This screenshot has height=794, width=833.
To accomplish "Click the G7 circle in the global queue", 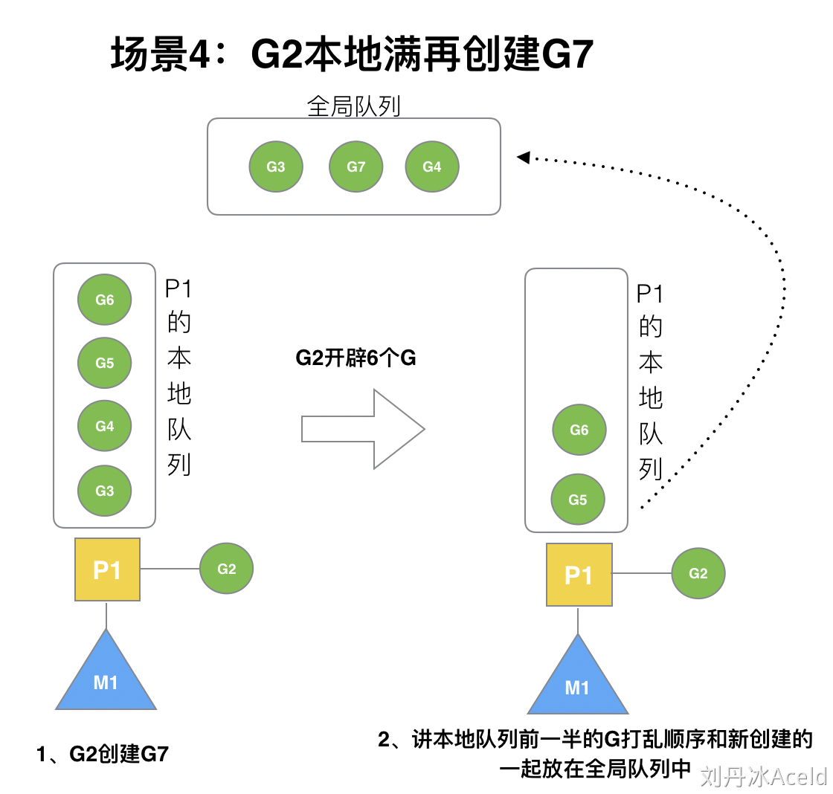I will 356,167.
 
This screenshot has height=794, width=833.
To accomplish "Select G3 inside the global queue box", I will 276,167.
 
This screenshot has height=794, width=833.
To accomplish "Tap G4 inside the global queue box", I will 432,167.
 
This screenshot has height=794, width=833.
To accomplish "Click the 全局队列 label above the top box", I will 353,106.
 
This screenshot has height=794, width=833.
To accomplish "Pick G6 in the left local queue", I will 105,300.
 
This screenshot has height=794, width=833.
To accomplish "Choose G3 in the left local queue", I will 105,491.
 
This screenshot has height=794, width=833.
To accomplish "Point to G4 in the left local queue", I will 105,426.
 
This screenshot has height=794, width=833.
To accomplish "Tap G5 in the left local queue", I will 105,363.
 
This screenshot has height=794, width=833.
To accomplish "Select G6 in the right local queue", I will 579,430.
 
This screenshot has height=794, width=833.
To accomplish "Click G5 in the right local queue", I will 578,500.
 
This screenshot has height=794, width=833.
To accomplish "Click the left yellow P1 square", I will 107,569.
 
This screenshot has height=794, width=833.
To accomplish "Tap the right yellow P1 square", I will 579,575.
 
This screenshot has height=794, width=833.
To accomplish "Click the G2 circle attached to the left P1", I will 227,569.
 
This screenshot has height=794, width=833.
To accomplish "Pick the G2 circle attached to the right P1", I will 698,573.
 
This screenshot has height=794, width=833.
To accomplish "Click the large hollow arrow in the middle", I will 363,429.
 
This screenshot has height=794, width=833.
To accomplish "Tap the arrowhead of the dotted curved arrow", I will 523,157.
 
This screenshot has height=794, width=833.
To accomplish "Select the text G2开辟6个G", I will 356,358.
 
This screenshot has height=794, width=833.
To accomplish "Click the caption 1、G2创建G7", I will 103,754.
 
